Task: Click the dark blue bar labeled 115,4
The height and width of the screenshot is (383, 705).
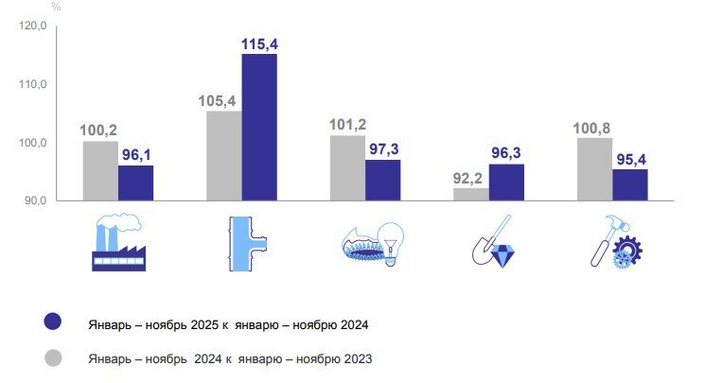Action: [x=259, y=127]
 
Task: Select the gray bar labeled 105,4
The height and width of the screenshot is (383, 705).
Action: [x=224, y=156]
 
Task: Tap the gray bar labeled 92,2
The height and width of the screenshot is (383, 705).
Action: [x=471, y=194]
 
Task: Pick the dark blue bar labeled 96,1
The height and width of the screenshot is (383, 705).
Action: [x=135, y=183]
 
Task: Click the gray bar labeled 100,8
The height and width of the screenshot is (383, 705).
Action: [x=594, y=169]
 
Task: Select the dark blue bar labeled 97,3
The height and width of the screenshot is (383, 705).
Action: [x=382, y=180]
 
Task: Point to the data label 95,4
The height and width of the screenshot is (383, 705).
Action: [x=630, y=160]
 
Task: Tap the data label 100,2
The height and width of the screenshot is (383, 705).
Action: [x=100, y=131]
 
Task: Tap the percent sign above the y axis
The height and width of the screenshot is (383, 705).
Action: [x=57, y=7]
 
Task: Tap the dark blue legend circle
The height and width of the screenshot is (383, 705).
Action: [x=54, y=323]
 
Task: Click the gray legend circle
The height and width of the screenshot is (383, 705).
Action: [x=54, y=357]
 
